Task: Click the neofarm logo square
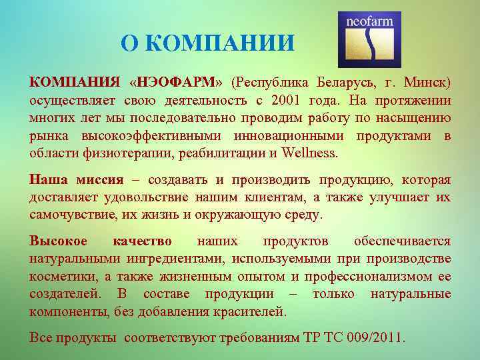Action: [x=370, y=39]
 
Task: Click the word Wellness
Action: [x=310, y=153]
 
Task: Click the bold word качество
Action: [x=141, y=241]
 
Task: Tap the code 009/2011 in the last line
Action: [x=373, y=337]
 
